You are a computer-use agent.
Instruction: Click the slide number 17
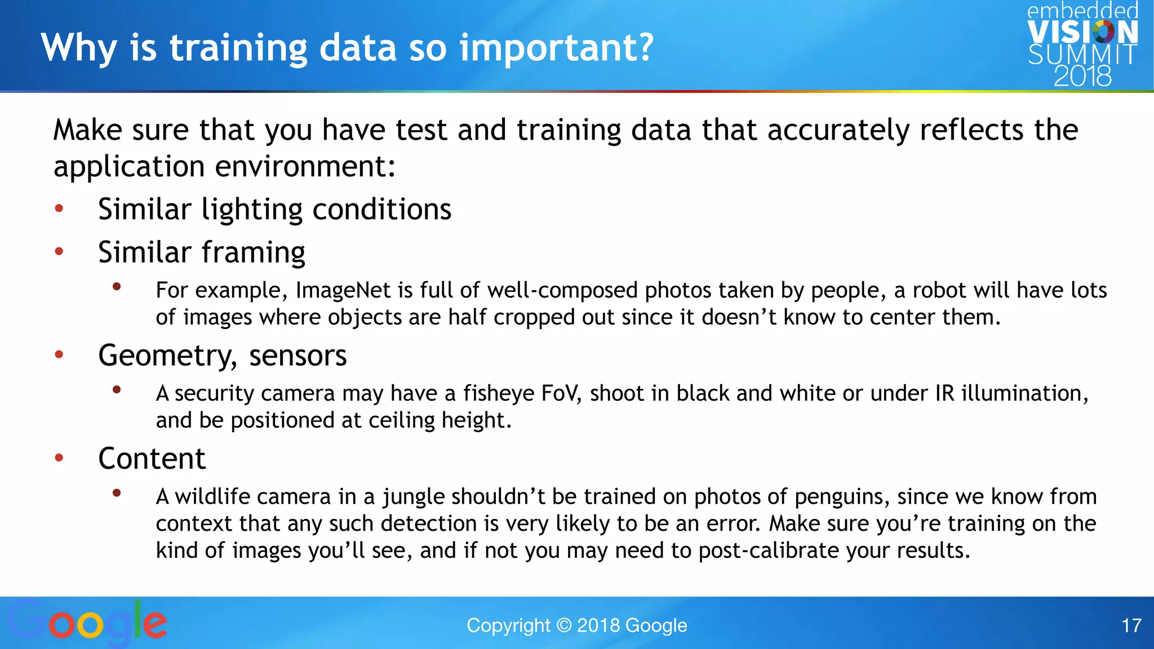click(x=1131, y=625)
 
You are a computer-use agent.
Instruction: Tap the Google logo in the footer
click(x=87, y=623)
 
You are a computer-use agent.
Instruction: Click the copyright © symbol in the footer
click(x=563, y=625)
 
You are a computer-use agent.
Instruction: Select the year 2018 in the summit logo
click(x=1082, y=76)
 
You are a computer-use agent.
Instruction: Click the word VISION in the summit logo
click(x=1082, y=33)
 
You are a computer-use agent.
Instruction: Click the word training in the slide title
click(x=238, y=48)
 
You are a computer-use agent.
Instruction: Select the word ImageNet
click(x=343, y=291)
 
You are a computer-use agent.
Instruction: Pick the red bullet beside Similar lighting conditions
click(x=59, y=209)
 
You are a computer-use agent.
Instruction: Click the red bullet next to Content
click(x=59, y=457)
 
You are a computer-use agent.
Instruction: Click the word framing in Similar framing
click(x=254, y=253)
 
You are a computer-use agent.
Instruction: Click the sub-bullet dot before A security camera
click(x=117, y=389)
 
